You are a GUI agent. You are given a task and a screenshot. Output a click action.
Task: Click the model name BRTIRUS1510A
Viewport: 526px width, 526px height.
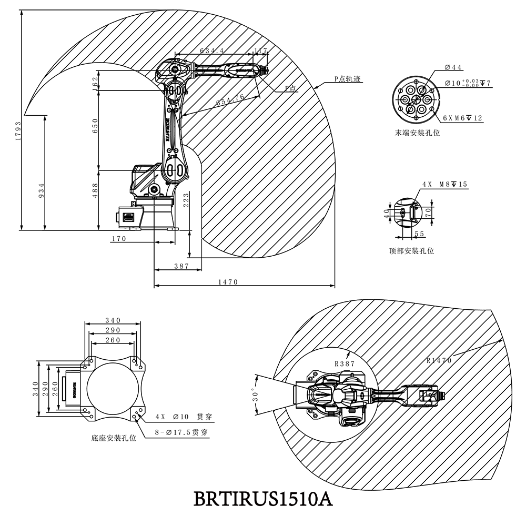263,498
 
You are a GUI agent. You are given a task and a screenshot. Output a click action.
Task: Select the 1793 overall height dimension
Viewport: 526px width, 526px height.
17,121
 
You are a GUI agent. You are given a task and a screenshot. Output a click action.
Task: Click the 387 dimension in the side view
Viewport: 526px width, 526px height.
181,266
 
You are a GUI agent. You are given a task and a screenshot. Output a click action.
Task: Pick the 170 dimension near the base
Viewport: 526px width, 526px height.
119,239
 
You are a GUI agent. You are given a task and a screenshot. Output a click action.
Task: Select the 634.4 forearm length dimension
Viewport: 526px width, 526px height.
212,50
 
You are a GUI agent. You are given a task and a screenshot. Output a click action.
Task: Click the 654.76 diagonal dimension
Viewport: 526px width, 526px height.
230,99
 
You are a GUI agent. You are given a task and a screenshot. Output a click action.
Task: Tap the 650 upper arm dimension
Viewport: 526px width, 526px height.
95,129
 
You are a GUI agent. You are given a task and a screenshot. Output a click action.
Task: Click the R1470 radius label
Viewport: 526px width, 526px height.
439,360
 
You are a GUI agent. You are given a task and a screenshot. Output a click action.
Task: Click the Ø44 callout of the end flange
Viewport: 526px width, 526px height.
453,67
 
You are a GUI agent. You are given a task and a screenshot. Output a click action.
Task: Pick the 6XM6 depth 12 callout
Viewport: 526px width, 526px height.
462,118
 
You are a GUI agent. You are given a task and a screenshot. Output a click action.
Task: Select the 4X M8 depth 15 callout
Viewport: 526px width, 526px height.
444,185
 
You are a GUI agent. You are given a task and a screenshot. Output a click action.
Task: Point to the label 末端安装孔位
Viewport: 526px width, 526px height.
418,133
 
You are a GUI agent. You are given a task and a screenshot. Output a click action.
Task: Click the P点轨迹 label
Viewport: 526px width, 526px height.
347,78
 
